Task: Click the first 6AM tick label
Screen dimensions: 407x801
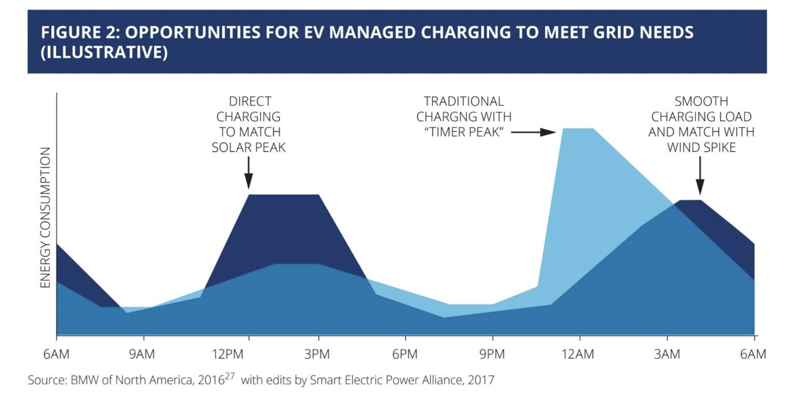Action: pyautogui.click(x=56, y=354)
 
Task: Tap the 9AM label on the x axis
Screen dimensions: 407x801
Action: pyautogui.click(x=142, y=354)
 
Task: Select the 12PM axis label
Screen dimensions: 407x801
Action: pyautogui.click(x=228, y=354)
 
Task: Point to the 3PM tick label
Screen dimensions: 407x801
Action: pyautogui.click(x=317, y=354)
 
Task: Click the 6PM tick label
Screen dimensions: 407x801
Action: pyautogui.click(x=405, y=354)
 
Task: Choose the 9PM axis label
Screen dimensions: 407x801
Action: pyautogui.click(x=492, y=354)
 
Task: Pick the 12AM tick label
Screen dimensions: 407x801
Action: pyautogui.click(x=578, y=354)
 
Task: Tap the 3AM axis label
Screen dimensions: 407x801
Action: pyautogui.click(x=667, y=354)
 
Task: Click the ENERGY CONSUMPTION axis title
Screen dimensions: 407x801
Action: pyautogui.click(x=45, y=217)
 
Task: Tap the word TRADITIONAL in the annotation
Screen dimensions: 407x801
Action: pyautogui.click(x=464, y=101)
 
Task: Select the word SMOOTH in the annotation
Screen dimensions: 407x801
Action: pyautogui.click(x=701, y=101)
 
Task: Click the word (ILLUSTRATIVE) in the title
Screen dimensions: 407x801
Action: pyautogui.click(x=104, y=52)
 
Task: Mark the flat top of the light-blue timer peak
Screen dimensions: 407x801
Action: pyautogui.click(x=578, y=129)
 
